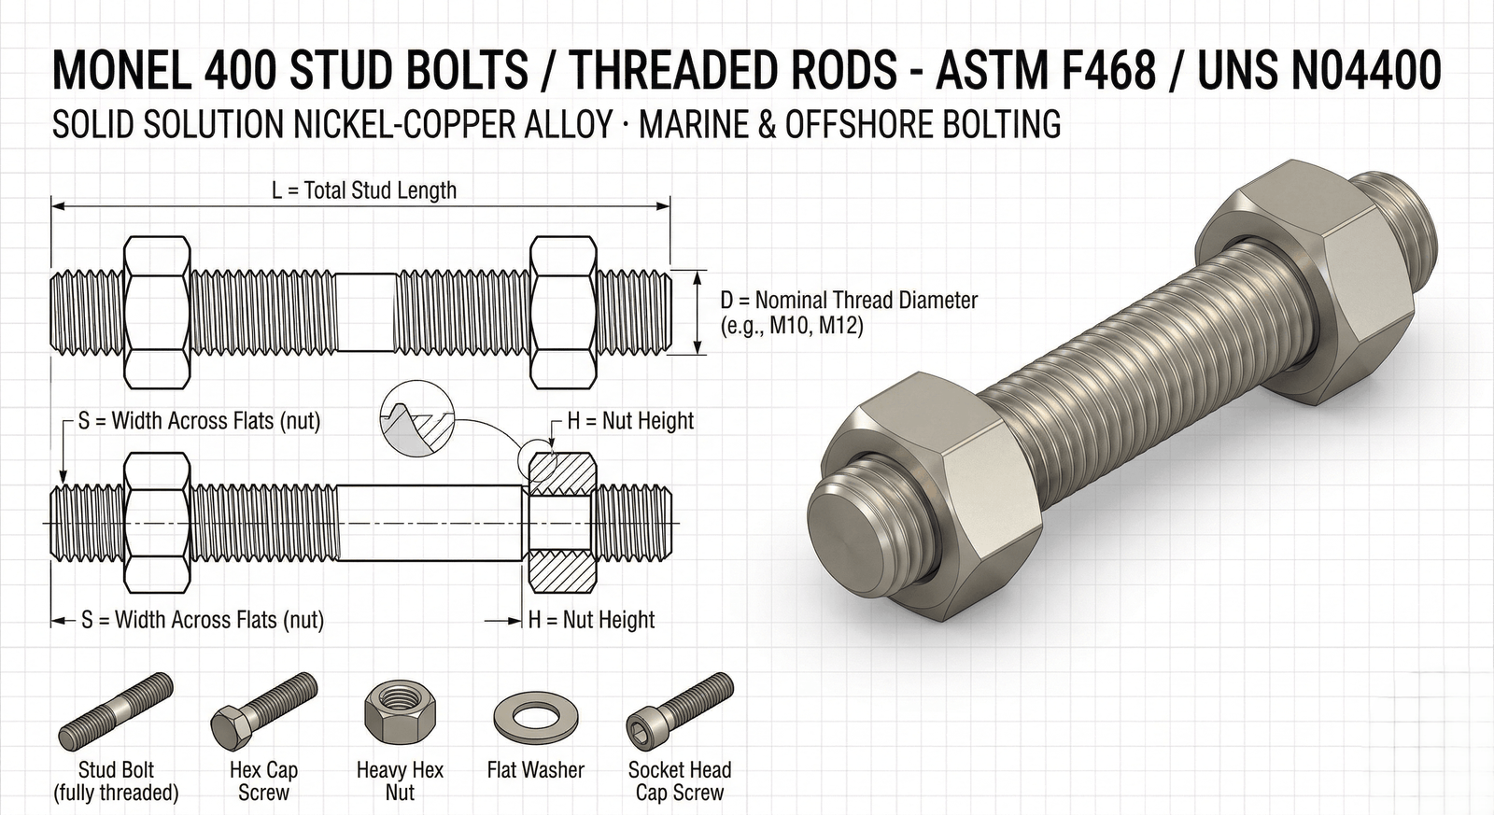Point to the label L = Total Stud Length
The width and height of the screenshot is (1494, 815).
[364, 190]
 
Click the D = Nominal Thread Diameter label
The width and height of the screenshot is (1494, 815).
[849, 301]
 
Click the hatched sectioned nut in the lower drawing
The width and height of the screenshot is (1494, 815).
[559, 523]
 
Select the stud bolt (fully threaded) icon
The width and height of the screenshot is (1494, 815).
[116, 711]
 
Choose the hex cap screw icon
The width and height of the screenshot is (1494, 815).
[263, 711]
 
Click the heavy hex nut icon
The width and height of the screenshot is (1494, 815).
[400, 715]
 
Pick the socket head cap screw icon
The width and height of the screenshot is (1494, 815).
[678, 711]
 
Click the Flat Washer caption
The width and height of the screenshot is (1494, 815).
[535, 770]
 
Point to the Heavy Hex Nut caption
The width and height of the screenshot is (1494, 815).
[400, 781]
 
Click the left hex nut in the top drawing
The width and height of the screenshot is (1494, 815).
[157, 313]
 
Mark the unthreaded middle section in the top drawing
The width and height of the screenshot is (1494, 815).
[365, 313]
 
